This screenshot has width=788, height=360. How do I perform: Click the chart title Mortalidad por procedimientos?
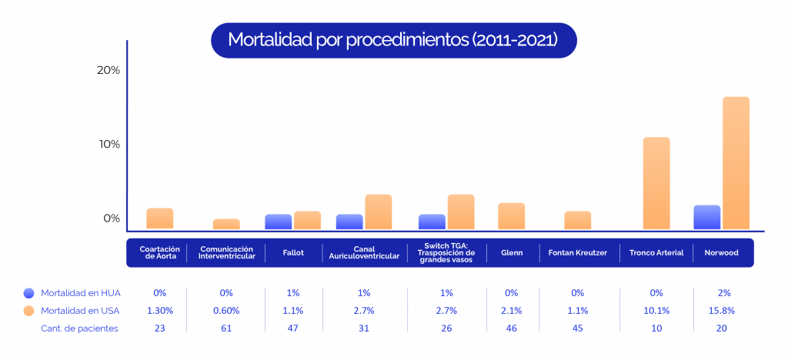point(392,39)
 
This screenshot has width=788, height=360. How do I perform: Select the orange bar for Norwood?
point(736,163)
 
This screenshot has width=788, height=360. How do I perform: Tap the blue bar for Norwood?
point(706,217)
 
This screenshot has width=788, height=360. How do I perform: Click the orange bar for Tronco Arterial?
point(656,183)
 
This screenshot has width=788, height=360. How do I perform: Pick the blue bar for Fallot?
point(278,222)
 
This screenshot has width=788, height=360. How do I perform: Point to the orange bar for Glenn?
point(511,216)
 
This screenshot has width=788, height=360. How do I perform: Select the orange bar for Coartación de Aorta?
point(160,218)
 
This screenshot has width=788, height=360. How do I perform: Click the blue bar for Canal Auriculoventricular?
point(349,222)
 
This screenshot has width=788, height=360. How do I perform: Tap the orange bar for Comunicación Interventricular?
point(226,224)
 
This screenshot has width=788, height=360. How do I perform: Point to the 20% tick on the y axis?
point(108,70)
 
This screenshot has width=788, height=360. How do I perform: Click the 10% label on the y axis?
point(108,145)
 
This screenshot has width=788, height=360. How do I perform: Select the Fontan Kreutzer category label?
point(578,252)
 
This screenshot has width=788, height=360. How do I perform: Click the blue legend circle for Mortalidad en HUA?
point(29,293)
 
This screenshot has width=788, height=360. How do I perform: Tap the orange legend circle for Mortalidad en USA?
point(29,311)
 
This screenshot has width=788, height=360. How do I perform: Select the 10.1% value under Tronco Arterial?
point(656,311)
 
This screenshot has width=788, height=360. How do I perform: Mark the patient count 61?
point(226,328)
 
